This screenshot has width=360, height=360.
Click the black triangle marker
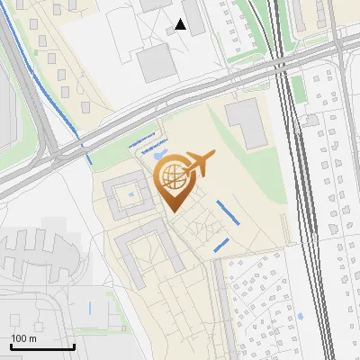(x=181, y=24)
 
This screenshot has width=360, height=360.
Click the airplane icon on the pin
(x=201, y=164)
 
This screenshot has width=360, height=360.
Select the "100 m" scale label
(x=23, y=338)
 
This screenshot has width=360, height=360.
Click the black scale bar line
(x=42, y=346)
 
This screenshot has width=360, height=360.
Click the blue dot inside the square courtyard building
(x=131, y=193)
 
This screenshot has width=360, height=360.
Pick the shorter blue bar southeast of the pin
(x=221, y=244)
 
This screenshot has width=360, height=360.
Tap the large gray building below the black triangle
(x=156, y=61)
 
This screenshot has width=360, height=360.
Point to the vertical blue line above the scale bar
(x=90, y=308)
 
